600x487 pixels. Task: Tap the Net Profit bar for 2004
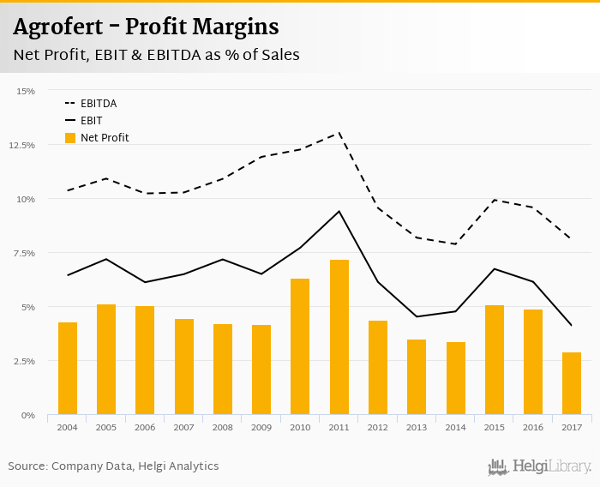point(68,369)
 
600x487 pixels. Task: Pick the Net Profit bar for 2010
point(300,346)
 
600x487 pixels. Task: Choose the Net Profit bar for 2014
point(456,378)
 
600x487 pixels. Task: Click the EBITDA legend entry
point(99,104)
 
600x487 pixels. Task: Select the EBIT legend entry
point(92,121)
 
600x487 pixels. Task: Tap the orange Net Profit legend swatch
point(70,138)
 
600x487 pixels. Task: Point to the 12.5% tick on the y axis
point(22,145)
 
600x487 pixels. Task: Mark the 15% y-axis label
point(26,91)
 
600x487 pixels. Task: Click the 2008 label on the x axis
point(223,427)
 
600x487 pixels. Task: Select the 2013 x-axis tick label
point(417,427)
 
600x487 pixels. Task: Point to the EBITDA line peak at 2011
point(339,133)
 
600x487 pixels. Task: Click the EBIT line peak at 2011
point(339,211)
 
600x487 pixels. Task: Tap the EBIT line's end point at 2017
point(572,326)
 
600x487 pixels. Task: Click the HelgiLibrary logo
point(540,466)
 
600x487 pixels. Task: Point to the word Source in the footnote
point(28,466)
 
